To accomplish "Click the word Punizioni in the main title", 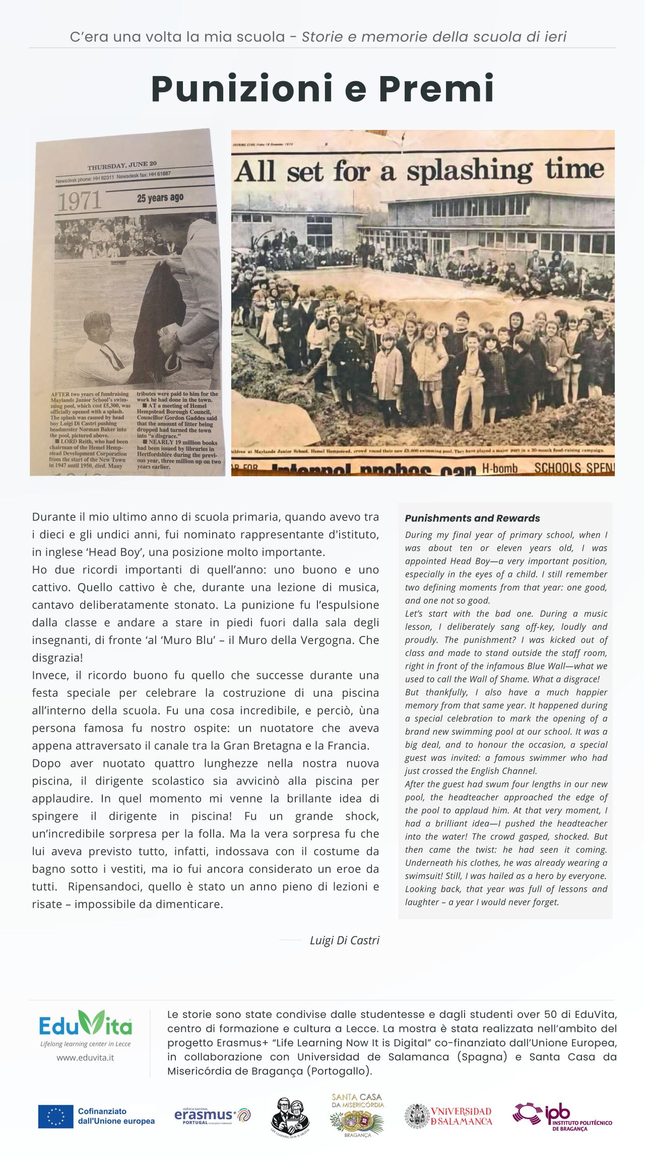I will [x=242, y=89].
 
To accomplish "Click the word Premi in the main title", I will [x=436, y=89].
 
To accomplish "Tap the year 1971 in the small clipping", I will [x=80, y=202].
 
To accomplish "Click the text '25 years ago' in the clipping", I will [x=160, y=198].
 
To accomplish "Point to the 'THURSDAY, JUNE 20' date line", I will [x=122, y=165].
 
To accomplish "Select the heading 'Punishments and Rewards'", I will [x=472, y=518].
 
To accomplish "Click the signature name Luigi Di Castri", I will [x=344, y=940].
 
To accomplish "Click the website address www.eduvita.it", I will [x=85, y=1057].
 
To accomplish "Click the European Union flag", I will [x=55, y=1117].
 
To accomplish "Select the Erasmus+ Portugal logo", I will [x=212, y=1116].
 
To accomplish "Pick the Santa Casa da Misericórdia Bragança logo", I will [x=357, y=1115].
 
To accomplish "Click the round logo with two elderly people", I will [x=290, y=1117].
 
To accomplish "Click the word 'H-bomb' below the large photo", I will [x=499, y=469].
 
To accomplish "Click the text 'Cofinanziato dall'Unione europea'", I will [x=116, y=1116].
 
